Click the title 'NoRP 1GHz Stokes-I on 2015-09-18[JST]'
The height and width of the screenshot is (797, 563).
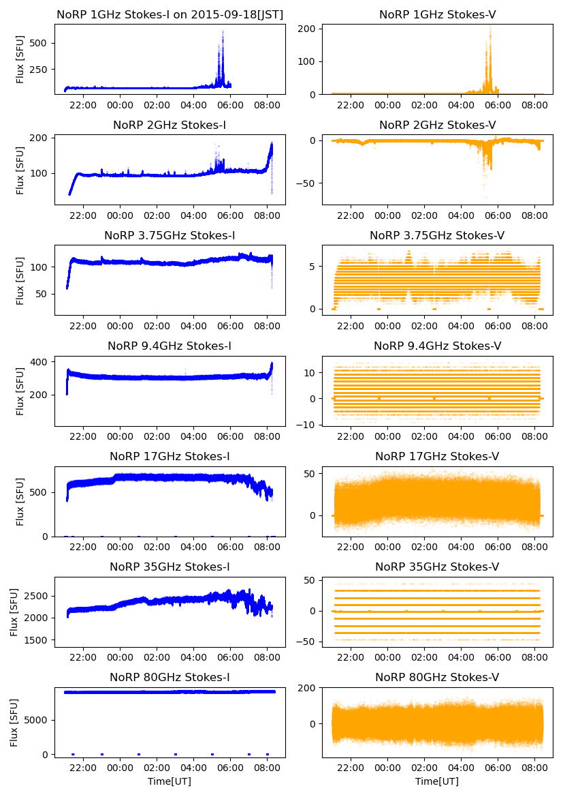pos(170,14)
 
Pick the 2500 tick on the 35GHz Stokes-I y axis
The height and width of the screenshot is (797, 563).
pos(38,596)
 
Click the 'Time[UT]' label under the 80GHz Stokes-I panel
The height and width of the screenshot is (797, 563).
pos(170,781)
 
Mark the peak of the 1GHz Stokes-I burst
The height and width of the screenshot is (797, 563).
pos(222,31)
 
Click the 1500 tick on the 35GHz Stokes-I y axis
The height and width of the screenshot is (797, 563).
pos(38,640)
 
